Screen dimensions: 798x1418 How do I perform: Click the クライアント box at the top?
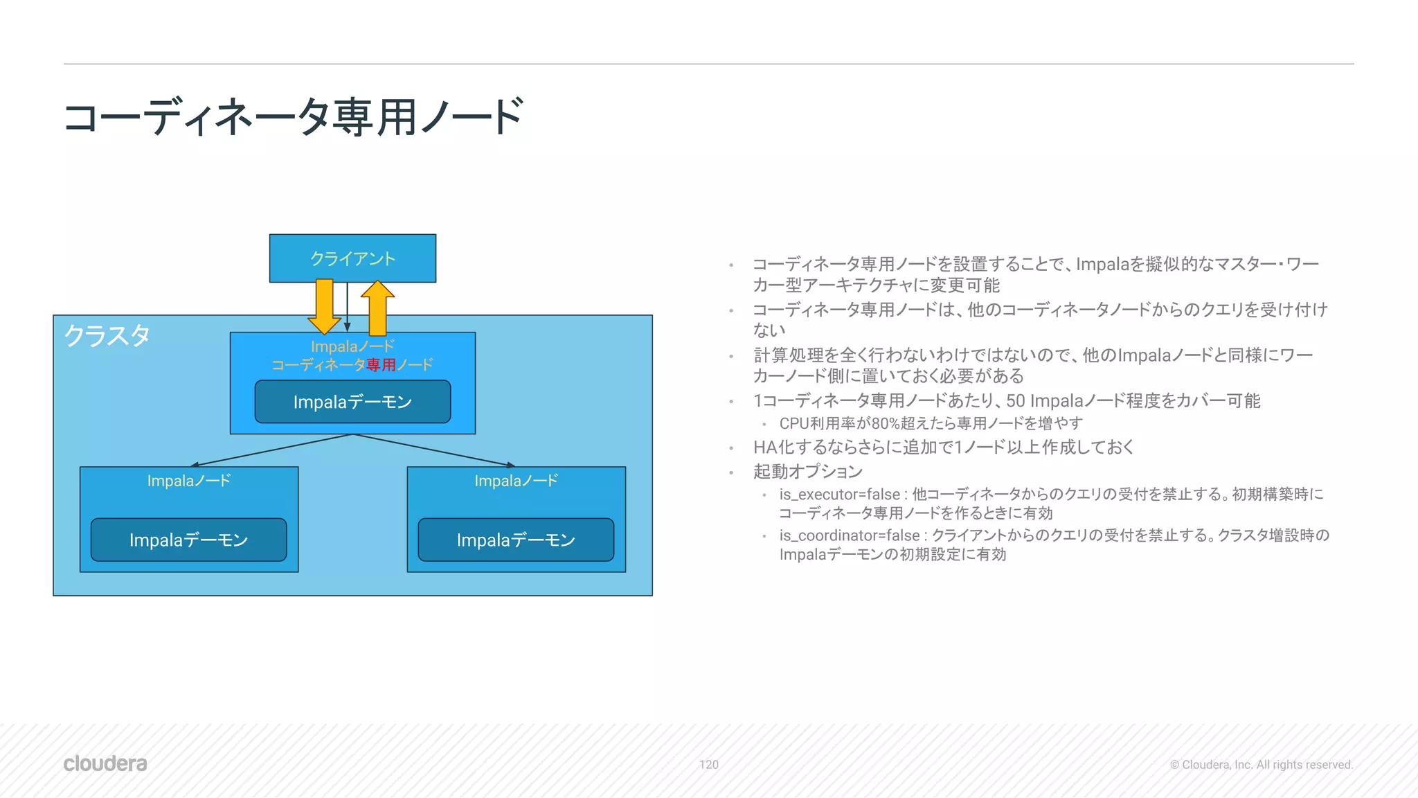(x=352, y=258)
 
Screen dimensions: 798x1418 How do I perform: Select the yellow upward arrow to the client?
(x=377, y=308)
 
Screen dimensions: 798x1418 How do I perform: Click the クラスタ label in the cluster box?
(x=107, y=336)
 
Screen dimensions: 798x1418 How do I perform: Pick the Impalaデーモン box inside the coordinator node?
(x=352, y=402)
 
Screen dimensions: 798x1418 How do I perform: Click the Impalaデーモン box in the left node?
(x=188, y=540)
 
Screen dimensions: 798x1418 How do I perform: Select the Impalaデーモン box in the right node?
(x=516, y=540)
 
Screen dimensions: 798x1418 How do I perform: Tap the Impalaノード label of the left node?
(x=188, y=481)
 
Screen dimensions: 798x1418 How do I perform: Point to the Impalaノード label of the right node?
(x=516, y=481)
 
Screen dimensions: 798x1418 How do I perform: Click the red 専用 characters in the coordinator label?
(x=382, y=364)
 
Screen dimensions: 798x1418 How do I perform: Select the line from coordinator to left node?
(x=270, y=450)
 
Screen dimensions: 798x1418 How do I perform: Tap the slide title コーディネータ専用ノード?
(x=294, y=117)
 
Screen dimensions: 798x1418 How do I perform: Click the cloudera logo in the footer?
(x=105, y=763)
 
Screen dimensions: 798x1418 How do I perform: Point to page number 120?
(x=708, y=765)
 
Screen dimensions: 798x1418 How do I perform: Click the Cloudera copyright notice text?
(x=1261, y=765)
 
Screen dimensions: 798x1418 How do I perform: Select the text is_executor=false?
(x=839, y=495)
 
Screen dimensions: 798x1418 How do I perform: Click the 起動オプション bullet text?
(x=807, y=472)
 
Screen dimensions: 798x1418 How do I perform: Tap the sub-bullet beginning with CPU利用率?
(x=931, y=423)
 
